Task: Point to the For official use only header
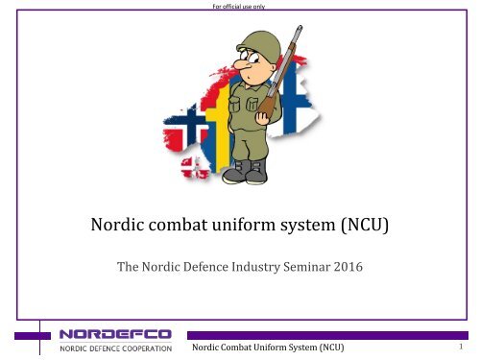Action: pos(239,6)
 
